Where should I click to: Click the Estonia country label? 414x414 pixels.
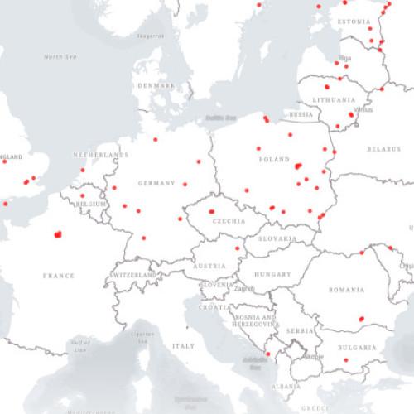(x=354, y=21)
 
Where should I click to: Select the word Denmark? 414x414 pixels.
(x=156, y=85)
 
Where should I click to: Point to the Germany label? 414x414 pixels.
(x=157, y=183)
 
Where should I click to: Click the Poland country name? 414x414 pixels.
(x=274, y=159)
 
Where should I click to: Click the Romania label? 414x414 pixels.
(x=346, y=290)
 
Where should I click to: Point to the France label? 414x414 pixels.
(x=59, y=276)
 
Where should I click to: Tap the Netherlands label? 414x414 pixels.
(x=101, y=155)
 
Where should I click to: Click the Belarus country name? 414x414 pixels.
(x=383, y=148)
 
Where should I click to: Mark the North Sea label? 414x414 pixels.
(x=60, y=57)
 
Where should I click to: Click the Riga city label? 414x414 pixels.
(x=345, y=58)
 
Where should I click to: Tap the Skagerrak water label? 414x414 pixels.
(x=150, y=36)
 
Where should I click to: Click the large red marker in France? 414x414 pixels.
(x=58, y=234)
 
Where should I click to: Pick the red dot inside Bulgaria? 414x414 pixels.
(x=345, y=360)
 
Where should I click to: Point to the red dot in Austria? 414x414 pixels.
(x=238, y=248)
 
